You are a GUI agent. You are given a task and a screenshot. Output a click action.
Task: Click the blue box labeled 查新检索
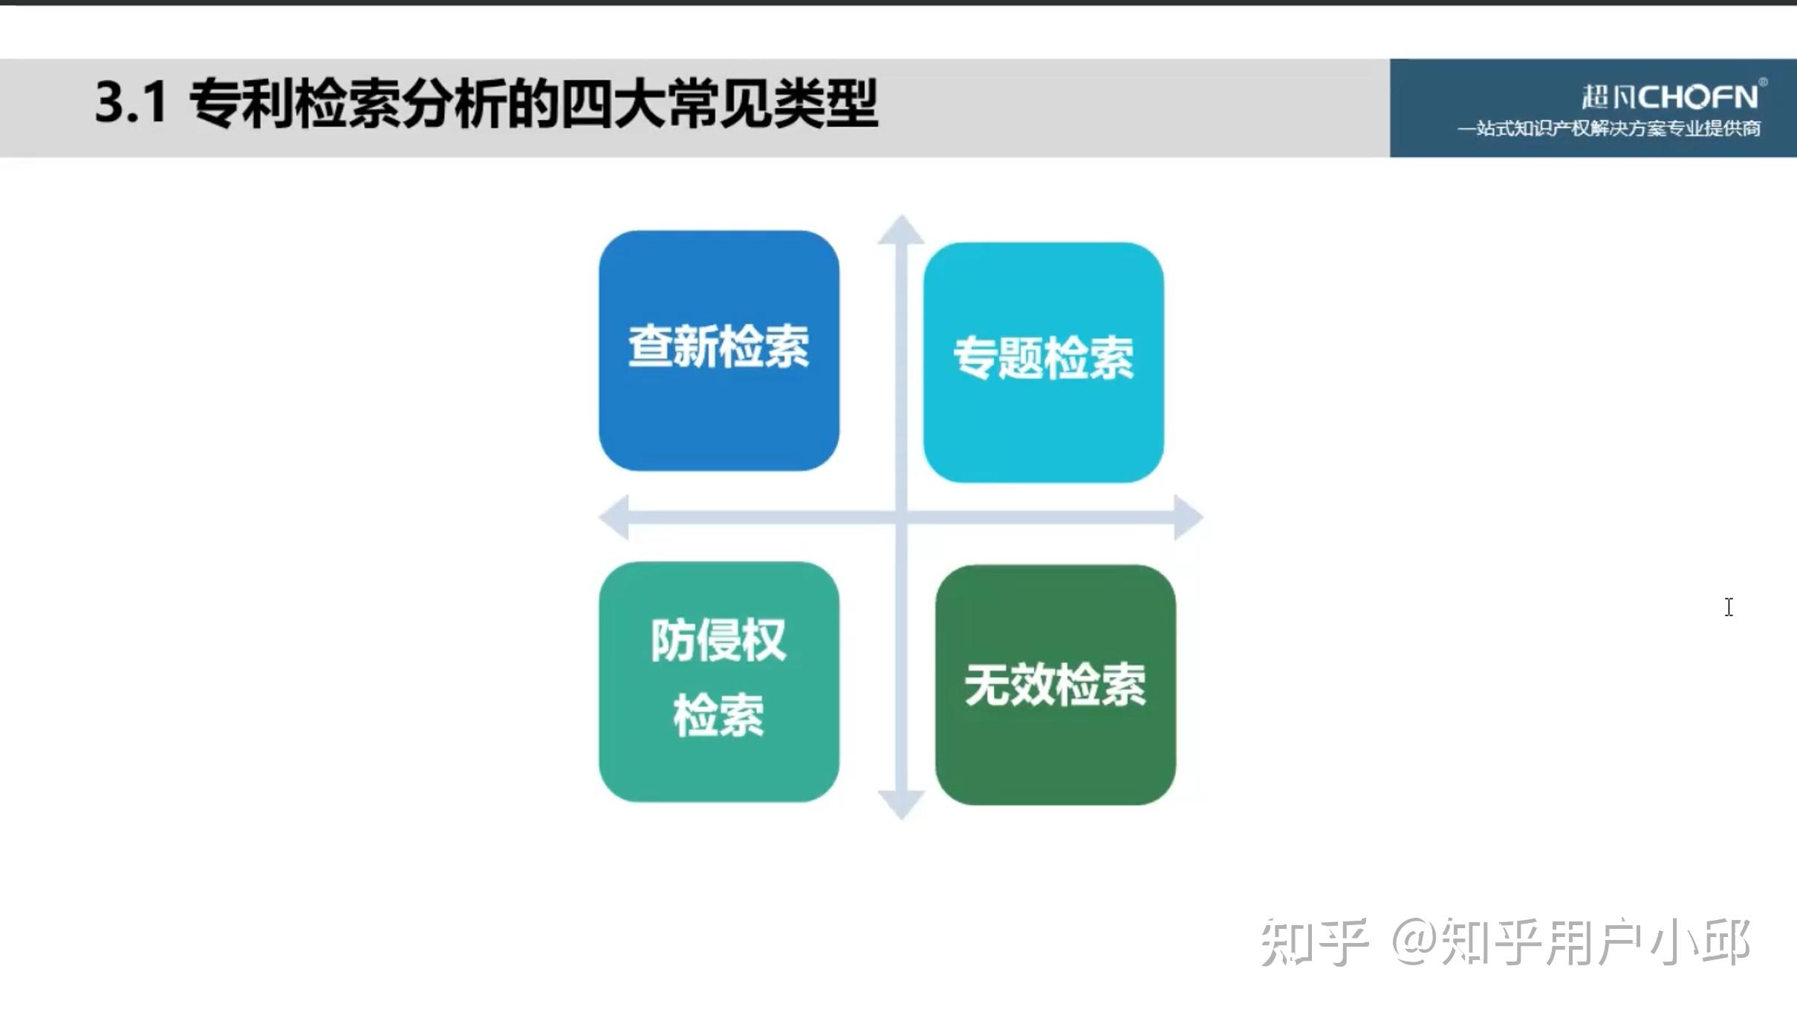click(719, 350)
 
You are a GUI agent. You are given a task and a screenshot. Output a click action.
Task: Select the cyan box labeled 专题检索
click(1044, 362)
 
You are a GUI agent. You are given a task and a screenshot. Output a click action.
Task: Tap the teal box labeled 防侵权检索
click(719, 682)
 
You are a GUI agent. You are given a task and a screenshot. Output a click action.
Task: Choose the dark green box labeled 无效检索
click(1056, 685)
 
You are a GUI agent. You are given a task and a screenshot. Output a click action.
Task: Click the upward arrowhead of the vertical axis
click(901, 229)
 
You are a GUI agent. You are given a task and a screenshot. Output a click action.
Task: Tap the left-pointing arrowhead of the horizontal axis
click(614, 517)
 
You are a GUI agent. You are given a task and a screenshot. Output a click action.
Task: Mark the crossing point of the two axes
click(901, 517)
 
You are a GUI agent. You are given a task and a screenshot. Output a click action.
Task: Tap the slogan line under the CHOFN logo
click(1609, 128)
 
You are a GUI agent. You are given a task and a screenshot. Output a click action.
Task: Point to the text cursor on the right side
click(1729, 607)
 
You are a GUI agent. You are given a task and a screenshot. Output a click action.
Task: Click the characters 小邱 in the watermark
click(1700, 943)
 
